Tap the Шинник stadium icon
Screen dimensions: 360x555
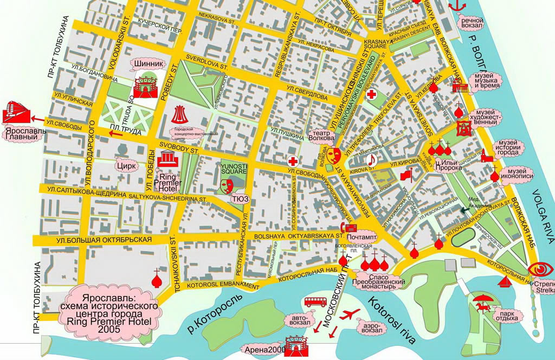click(x=145, y=87)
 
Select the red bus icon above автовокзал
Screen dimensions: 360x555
click(x=314, y=302)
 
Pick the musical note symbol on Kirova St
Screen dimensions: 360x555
click(x=372, y=159)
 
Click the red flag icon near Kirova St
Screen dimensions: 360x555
click(x=406, y=175)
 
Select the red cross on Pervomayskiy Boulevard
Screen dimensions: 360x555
click(x=372, y=95)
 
